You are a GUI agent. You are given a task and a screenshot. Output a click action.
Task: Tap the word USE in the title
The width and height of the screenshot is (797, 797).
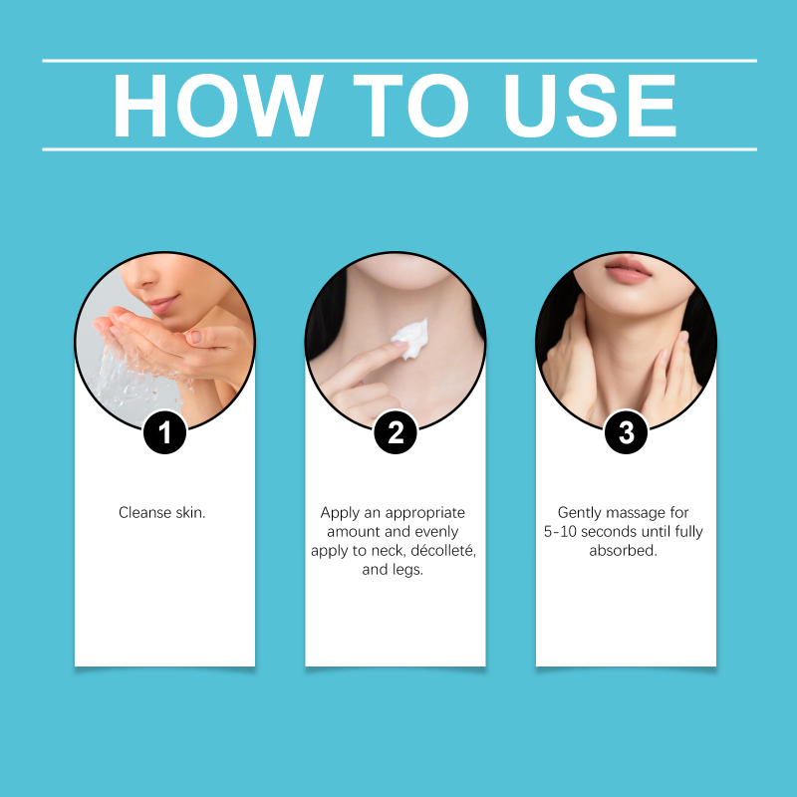tap(590, 106)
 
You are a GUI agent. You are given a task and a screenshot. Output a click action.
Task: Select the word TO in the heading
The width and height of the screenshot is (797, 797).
tap(410, 106)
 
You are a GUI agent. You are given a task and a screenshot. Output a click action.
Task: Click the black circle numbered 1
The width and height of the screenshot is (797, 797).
tap(164, 432)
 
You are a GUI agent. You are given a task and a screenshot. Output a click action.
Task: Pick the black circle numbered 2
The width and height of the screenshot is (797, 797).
tap(396, 432)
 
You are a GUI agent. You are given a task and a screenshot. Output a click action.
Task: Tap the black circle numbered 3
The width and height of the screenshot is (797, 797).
tap(627, 432)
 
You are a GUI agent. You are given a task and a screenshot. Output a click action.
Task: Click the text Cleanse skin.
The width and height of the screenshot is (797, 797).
tap(162, 512)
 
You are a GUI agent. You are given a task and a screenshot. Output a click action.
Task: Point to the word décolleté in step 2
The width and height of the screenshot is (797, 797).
tap(442, 551)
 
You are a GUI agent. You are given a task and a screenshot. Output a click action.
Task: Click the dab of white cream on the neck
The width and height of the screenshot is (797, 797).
tap(410, 338)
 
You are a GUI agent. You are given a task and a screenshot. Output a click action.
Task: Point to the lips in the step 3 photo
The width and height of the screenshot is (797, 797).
tap(628, 269)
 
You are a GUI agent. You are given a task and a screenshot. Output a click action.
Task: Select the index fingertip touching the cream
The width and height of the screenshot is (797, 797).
tap(399, 345)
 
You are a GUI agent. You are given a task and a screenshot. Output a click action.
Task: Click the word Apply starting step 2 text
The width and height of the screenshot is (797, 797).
tap(340, 513)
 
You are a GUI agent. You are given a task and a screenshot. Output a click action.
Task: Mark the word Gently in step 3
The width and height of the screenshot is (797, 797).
tap(580, 513)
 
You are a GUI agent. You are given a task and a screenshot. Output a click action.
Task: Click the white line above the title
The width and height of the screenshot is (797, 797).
tap(399, 61)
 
